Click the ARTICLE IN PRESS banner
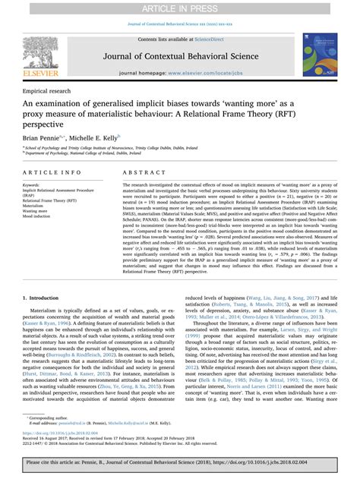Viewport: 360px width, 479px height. pos(180,8)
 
